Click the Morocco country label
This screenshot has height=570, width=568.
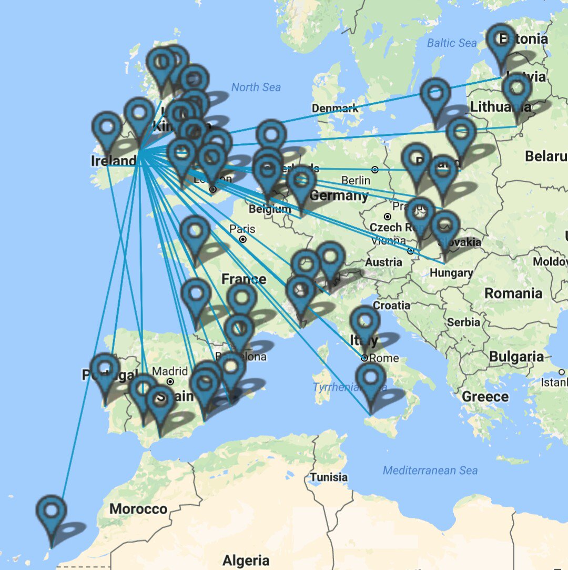(x=138, y=509)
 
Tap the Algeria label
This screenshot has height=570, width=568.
(x=246, y=560)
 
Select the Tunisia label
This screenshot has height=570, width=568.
(x=329, y=477)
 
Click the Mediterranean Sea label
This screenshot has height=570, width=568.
(x=430, y=470)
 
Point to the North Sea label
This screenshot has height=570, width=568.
(x=256, y=87)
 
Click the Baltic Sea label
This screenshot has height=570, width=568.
(x=452, y=43)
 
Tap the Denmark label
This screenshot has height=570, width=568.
(x=335, y=108)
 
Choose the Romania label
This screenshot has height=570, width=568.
(x=513, y=293)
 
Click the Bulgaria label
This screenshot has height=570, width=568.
(x=516, y=357)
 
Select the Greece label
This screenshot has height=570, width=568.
(x=485, y=396)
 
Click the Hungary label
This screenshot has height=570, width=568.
(x=451, y=272)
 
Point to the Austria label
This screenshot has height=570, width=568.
(x=383, y=262)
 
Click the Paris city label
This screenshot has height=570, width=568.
(x=242, y=229)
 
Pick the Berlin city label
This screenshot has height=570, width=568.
(x=356, y=180)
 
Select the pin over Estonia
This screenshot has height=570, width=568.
(x=501, y=41)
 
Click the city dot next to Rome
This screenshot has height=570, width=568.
(x=364, y=358)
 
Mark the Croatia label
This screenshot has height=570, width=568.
(x=391, y=305)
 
